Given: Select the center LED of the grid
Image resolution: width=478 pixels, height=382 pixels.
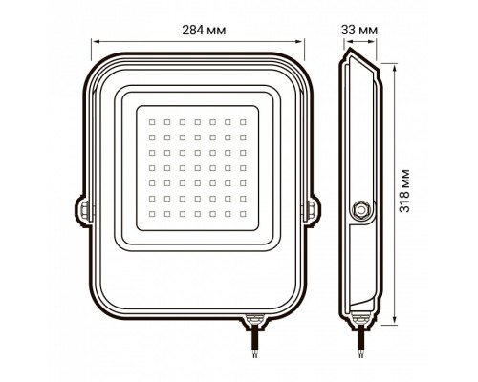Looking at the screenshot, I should click(x=196, y=167).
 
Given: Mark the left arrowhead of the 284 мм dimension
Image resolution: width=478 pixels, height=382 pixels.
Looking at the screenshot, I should click(x=95, y=42).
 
